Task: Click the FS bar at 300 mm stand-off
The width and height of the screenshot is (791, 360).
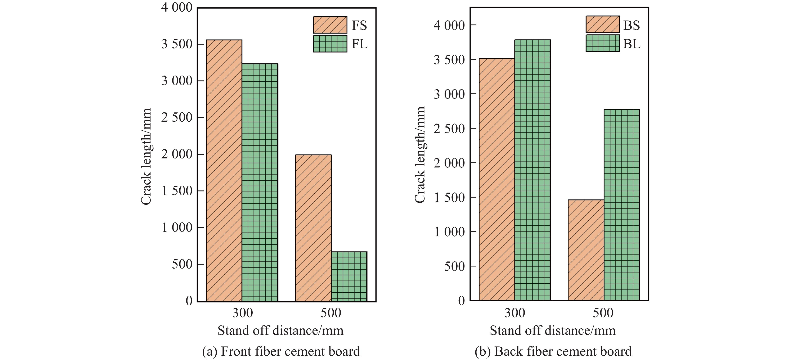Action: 224,171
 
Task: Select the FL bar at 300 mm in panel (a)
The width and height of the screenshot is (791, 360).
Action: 260,183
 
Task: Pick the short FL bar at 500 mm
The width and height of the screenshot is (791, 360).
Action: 349,276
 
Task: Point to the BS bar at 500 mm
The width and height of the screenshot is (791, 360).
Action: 586,250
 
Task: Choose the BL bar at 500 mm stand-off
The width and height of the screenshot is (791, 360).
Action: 621,204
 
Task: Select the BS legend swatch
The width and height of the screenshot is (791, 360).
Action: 602,24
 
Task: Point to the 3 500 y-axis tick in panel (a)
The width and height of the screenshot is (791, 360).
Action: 177,44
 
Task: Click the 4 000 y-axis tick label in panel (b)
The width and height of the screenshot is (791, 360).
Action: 449,25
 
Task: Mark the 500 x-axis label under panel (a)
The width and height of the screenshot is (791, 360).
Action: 331,313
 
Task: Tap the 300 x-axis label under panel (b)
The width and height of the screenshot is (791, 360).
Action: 515,313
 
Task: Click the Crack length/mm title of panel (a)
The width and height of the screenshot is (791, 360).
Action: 146,157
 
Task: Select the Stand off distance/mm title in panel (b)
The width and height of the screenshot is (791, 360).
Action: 552,330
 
